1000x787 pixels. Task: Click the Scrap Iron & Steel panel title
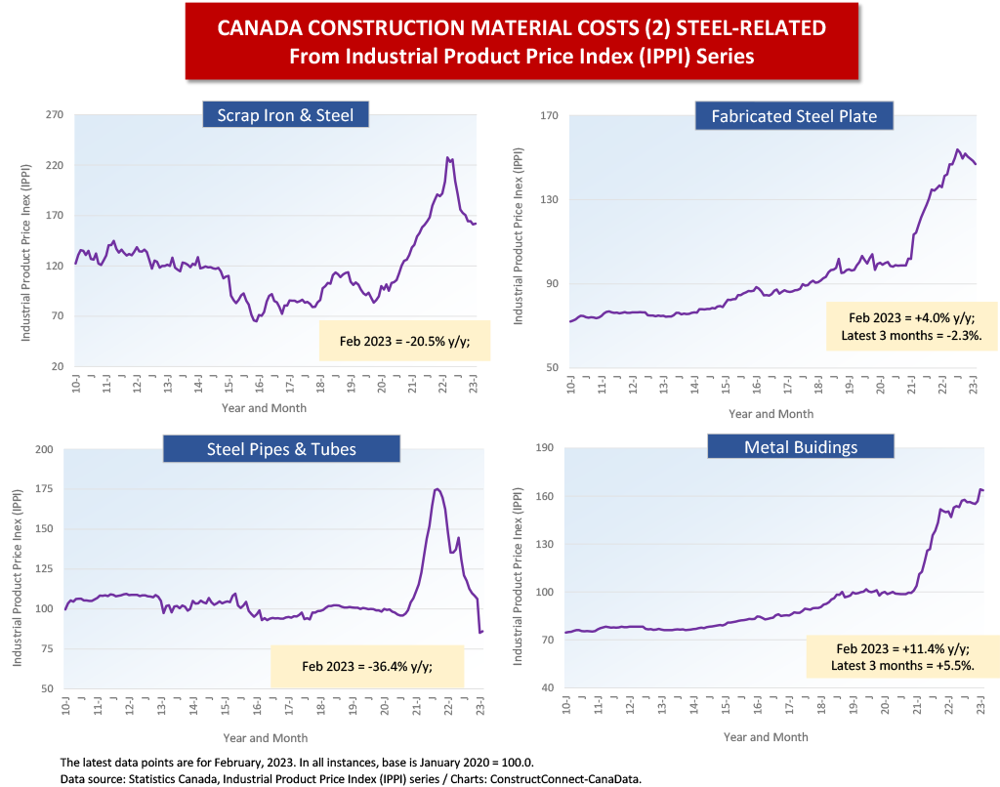[x=286, y=115]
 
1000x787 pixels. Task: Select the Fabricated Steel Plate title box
[x=794, y=116]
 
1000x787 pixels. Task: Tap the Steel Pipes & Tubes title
[x=281, y=449]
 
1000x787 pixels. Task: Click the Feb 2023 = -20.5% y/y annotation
[x=403, y=340]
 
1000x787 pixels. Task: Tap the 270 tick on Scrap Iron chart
[x=55, y=115]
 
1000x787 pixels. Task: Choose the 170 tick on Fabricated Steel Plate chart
[x=549, y=116]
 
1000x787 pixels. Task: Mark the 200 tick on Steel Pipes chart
[x=44, y=449]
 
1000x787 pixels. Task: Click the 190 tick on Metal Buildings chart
[x=546, y=448]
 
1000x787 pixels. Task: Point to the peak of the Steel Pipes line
[x=437, y=489]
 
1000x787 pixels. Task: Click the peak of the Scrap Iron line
[x=447, y=157]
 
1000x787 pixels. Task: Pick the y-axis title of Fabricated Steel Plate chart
[x=520, y=237]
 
